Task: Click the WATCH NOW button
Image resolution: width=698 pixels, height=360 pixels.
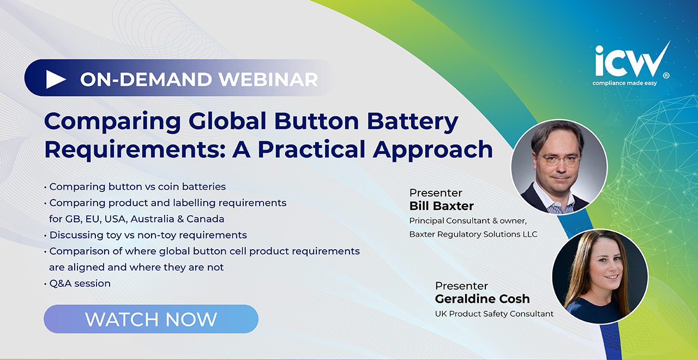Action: [x=151, y=319]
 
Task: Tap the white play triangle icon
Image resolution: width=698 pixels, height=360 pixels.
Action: [x=56, y=79]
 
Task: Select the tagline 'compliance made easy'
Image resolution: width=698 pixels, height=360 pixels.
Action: [x=624, y=83]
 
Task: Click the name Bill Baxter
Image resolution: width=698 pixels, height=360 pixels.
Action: [x=441, y=206]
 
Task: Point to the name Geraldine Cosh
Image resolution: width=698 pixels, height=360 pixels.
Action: [x=483, y=299]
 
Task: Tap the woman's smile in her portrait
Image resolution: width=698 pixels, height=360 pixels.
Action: [x=611, y=277]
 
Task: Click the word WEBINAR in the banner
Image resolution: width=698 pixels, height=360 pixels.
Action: [x=268, y=80]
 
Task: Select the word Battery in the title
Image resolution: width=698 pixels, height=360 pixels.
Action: [x=413, y=122]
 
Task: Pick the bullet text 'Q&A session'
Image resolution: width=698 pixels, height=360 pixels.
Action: [x=80, y=283]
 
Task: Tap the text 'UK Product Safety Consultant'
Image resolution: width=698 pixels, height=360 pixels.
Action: [x=494, y=314]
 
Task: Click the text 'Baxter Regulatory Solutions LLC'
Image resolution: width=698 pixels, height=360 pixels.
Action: [x=473, y=235]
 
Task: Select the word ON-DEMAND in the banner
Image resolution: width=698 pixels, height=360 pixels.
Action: [x=146, y=80]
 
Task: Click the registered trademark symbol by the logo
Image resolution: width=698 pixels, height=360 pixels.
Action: [x=666, y=76]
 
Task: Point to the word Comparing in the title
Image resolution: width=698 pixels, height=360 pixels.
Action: [x=112, y=122]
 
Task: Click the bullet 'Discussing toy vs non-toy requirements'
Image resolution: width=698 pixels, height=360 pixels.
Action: [x=148, y=235]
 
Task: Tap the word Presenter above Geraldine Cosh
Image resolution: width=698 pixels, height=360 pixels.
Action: [x=461, y=286]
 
